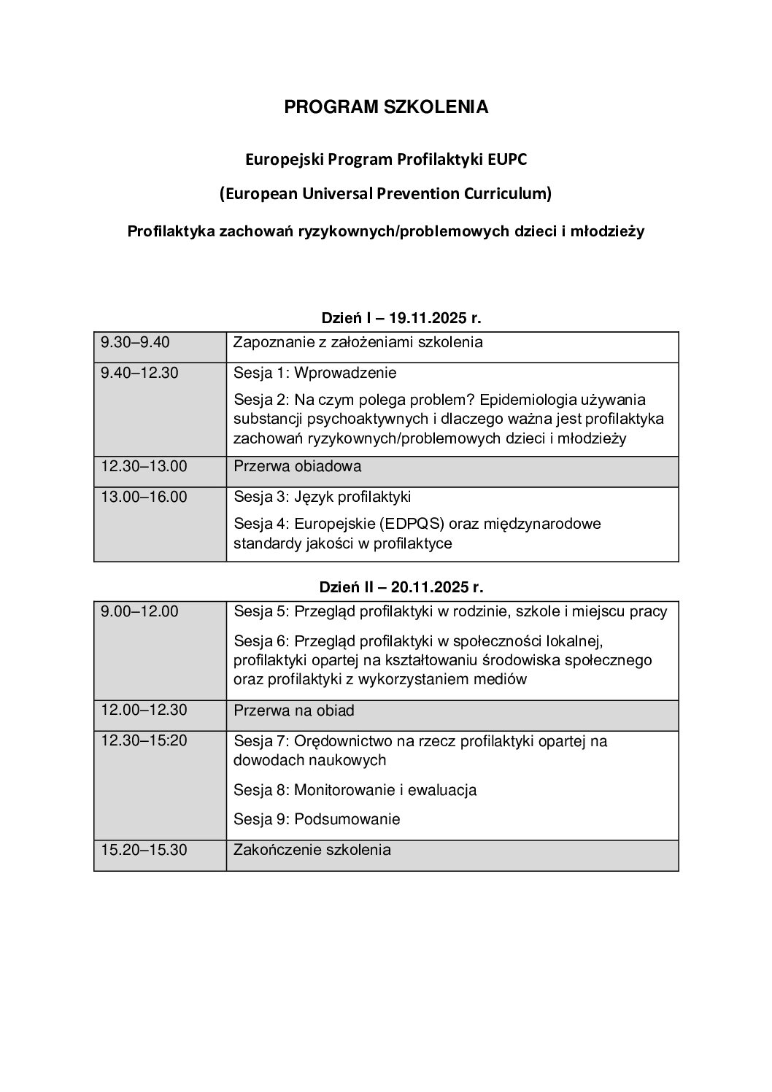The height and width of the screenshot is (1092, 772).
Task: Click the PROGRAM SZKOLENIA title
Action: [386, 107]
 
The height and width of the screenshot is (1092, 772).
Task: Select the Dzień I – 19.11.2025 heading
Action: [402, 319]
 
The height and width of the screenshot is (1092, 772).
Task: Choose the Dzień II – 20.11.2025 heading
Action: [402, 586]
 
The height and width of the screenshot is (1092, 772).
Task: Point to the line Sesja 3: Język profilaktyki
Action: [322, 497]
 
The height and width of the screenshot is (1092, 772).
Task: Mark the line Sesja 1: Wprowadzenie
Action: [314, 373]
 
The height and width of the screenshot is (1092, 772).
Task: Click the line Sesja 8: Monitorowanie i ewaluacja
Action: [355, 790]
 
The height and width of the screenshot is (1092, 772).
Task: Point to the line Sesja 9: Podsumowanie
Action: [317, 819]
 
